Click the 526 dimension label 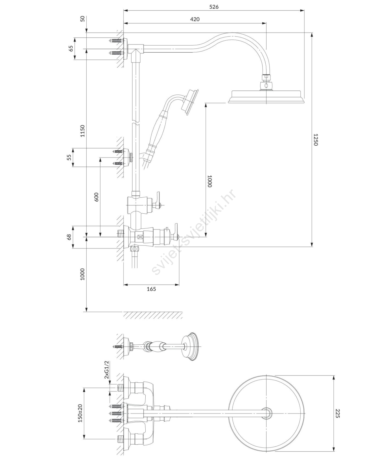214,7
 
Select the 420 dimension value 195,19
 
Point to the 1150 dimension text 83,131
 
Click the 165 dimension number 151,289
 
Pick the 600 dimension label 96,197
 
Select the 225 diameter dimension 337,414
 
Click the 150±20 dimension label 80,413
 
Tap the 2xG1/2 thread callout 106,370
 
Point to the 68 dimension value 69,237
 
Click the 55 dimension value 69,157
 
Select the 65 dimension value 71,49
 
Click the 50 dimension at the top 83,19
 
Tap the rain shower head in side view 266,96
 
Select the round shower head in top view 267,414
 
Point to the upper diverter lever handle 158,196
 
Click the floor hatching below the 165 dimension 153,315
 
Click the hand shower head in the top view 190,346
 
